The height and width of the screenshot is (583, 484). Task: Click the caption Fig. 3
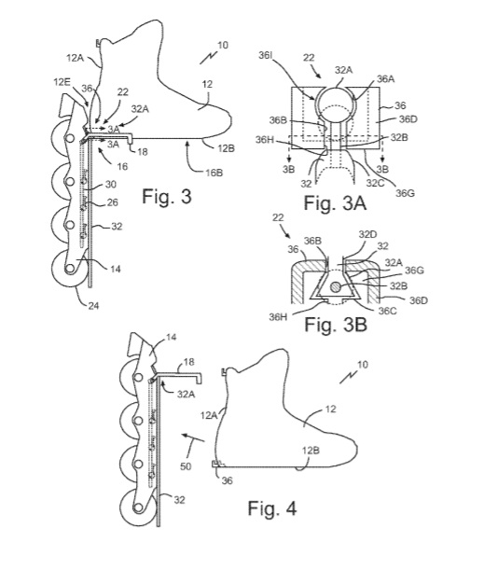pos(167,196)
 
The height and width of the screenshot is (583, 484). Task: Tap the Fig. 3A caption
pos(335,203)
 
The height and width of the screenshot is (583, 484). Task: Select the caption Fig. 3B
pos(336,325)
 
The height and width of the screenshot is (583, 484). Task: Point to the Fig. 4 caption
pos(272,507)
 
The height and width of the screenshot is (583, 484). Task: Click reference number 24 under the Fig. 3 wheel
pos(93,306)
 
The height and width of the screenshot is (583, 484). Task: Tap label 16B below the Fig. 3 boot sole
pos(214,173)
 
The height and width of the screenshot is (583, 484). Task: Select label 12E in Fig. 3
pos(62,82)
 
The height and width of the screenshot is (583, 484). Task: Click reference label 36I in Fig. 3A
pos(265,55)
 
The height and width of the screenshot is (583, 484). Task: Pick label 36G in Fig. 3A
pos(405,192)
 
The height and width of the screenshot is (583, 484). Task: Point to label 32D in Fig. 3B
pos(367,234)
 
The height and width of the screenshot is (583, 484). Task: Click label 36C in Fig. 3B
pos(387,311)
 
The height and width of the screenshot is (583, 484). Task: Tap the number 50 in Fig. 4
pos(186,465)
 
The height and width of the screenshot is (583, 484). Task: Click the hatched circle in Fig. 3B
pos(336,286)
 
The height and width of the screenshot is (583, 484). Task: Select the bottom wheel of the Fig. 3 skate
pos(70,269)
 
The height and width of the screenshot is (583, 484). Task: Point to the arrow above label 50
pos(193,437)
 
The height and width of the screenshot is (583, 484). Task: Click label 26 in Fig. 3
pos(112,202)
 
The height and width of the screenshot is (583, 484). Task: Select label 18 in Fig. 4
pos(188,362)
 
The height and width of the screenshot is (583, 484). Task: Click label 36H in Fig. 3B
pos(278,317)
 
